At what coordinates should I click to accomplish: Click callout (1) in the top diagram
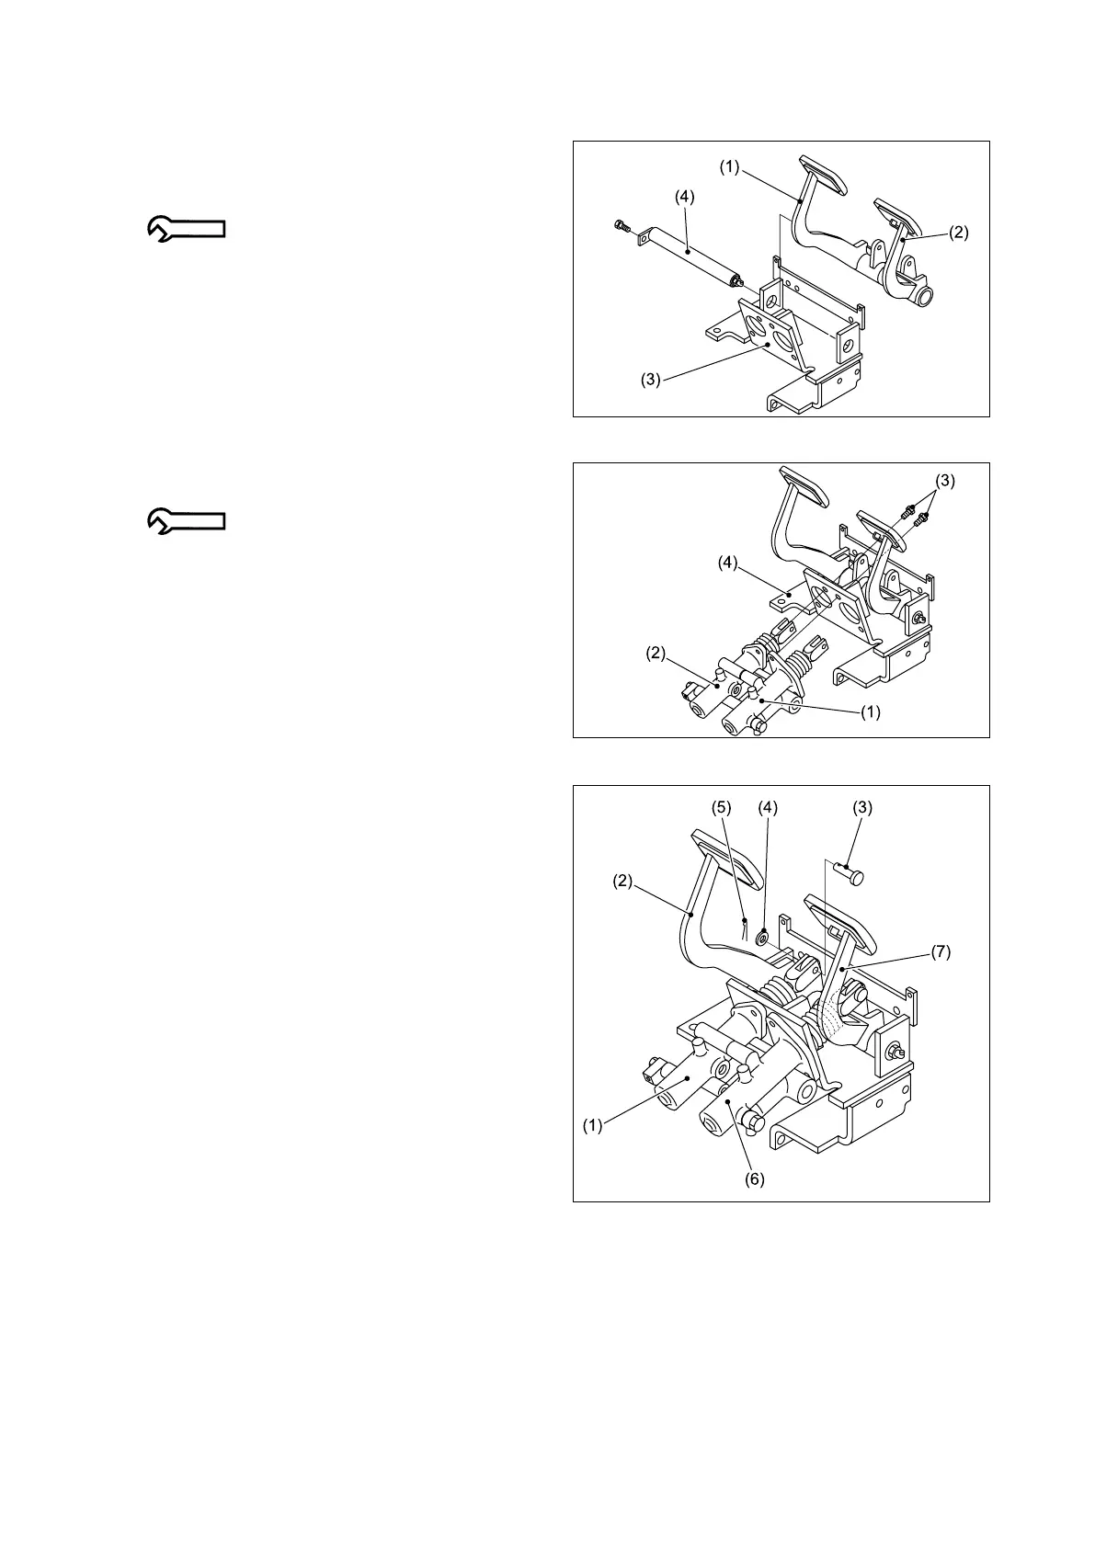coord(729,168)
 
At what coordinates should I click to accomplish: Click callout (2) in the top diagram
coord(958,233)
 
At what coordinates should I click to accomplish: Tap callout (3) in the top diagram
coord(651,380)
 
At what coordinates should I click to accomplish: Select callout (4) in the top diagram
coord(684,196)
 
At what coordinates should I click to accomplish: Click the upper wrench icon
coord(187,229)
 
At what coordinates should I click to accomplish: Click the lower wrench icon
coord(187,521)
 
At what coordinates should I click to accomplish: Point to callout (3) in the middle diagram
coord(945,480)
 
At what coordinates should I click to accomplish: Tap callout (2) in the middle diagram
coord(656,654)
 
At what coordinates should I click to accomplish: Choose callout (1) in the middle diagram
coord(870,711)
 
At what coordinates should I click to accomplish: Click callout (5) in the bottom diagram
coord(722,807)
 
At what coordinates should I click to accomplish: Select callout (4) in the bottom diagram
coord(767,807)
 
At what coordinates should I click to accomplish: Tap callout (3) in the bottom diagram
coord(861,807)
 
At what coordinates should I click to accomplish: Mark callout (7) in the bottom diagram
coord(940,952)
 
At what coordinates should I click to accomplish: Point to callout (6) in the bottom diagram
coord(754,1178)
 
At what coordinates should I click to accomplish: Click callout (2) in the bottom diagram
coord(623,881)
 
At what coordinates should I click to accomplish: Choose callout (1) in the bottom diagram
coord(593,1124)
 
